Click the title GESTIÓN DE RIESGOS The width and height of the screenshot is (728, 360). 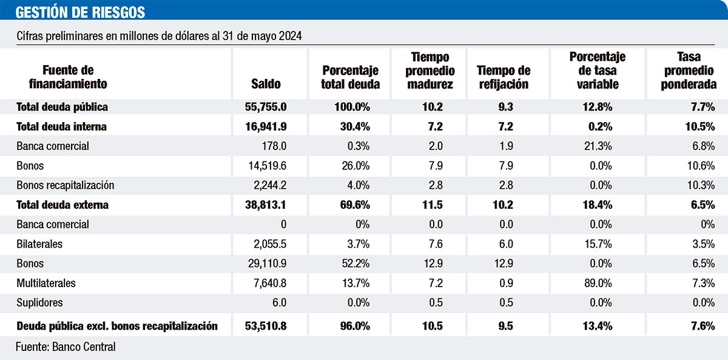[80, 12]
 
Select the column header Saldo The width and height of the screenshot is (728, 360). [266, 84]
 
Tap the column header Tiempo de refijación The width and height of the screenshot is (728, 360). [504, 78]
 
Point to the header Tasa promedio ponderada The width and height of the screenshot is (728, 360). [689, 71]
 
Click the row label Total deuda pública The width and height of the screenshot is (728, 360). [62, 107]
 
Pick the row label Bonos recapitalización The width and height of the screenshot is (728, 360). [66, 185]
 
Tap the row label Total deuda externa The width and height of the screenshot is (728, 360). [62, 205]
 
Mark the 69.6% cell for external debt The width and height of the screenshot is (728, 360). [354, 205]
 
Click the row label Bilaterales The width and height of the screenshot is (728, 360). [40, 244]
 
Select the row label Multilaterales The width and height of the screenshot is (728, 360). [46, 284]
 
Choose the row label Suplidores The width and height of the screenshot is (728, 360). [39, 303]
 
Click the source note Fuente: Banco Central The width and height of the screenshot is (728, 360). [66, 347]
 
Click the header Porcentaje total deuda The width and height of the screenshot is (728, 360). [351, 78]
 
